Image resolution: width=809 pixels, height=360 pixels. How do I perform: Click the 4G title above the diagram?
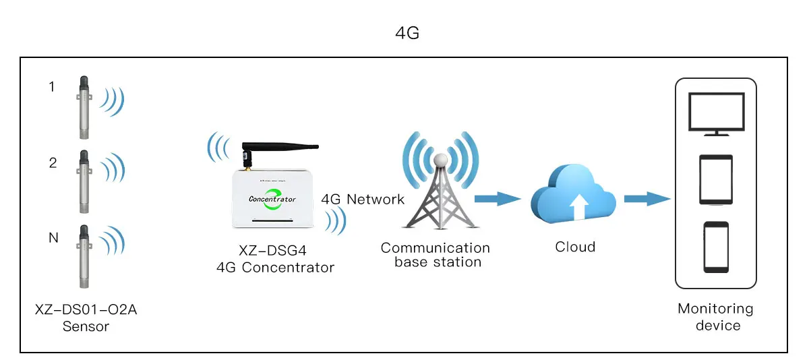407,33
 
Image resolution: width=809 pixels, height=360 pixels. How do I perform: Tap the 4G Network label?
363,199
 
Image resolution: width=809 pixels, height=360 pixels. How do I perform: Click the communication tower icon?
440,192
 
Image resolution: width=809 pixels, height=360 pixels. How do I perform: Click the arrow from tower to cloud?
498,198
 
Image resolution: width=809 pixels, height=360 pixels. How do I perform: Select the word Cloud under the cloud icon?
575,247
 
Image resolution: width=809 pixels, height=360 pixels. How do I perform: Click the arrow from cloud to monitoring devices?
646,198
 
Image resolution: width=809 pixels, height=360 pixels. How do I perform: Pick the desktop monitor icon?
716,115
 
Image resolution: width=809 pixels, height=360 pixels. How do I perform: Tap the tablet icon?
716,179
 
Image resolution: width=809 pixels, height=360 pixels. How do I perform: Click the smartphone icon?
716,246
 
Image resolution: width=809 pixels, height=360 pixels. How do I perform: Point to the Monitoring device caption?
715,317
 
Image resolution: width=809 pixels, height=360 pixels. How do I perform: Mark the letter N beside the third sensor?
53,238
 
